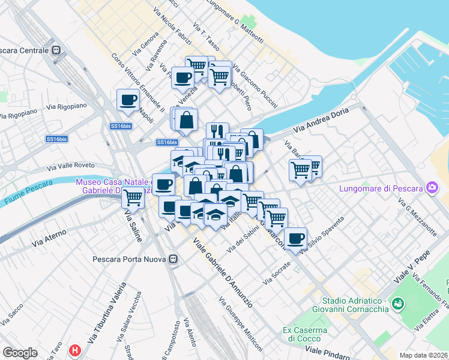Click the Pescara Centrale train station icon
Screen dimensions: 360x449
[56, 50]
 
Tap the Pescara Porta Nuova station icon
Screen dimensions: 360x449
[173, 259]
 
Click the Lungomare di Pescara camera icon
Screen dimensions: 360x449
[432, 188]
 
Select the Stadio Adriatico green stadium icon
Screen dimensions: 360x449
[397, 304]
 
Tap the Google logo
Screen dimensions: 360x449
[20, 353]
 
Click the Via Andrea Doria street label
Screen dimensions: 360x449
[321, 121]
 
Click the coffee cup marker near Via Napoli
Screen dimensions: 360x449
[127, 100]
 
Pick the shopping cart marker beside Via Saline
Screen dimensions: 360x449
[133, 197]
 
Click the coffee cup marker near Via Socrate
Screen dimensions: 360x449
[295, 238]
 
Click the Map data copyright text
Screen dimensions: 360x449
[423, 355]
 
